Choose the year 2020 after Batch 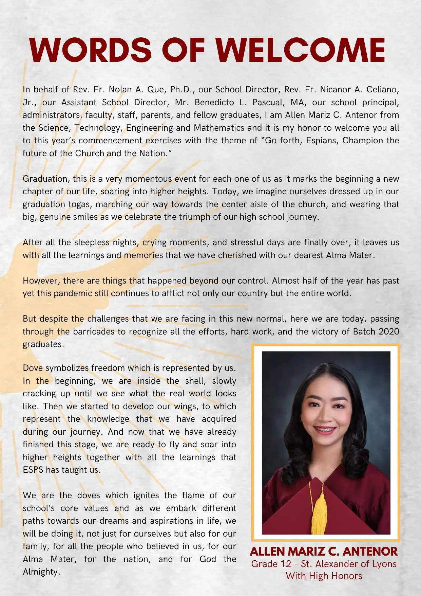pos(389,332)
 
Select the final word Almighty pos(41,572)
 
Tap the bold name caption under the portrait pos(324,551)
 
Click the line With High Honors pos(324,576)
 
